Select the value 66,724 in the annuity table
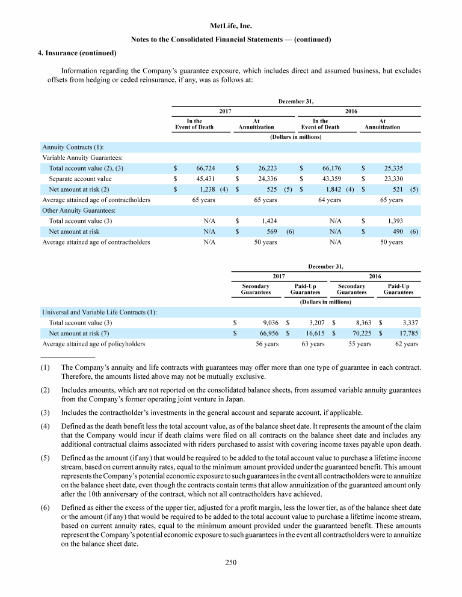click(x=206, y=168)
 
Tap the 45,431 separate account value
click(x=206, y=179)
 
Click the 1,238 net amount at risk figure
click(x=208, y=189)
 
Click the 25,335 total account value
click(x=392, y=168)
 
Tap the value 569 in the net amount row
click(x=271, y=231)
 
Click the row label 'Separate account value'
click(x=80, y=179)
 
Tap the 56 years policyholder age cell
click(x=263, y=344)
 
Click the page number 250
click(x=231, y=562)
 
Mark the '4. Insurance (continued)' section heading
click(x=69, y=53)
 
